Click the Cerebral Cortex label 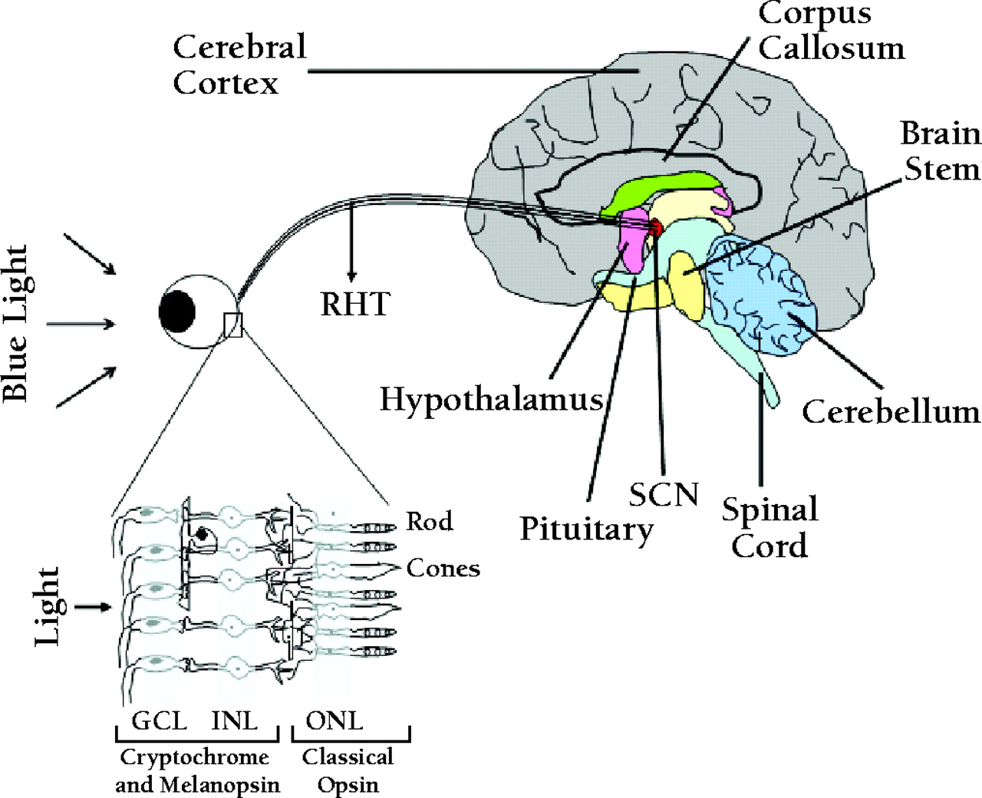pyautogui.click(x=239, y=64)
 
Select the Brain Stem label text pyautogui.click(x=941, y=151)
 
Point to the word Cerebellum pyautogui.click(x=891, y=412)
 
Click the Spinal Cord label pyautogui.click(x=769, y=528)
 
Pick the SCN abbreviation pyautogui.click(x=664, y=495)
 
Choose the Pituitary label pyautogui.click(x=586, y=529)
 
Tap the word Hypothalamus pyautogui.click(x=491, y=400)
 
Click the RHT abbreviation pyautogui.click(x=355, y=305)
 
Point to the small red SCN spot pyautogui.click(x=655, y=227)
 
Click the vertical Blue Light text pyautogui.click(x=16, y=323)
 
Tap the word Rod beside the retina pyautogui.click(x=429, y=522)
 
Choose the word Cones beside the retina pyautogui.click(x=443, y=569)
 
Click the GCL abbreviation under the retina pyautogui.click(x=159, y=721)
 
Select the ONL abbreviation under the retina pyautogui.click(x=334, y=721)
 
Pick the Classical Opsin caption pyautogui.click(x=348, y=770)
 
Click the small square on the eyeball pyautogui.click(x=232, y=325)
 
